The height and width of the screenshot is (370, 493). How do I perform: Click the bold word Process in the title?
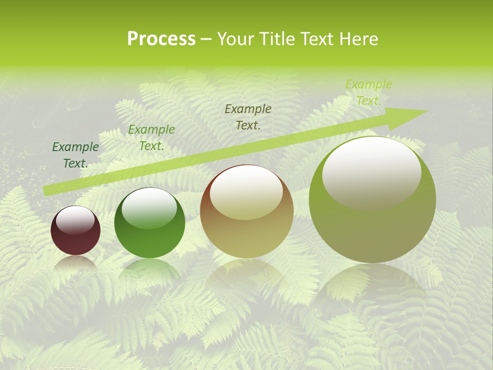coord(161,39)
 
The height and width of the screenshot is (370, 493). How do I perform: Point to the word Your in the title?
coord(236,39)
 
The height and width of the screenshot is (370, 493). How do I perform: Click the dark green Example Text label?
coord(75,155)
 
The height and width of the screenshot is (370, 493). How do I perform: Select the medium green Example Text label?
coord(151,137)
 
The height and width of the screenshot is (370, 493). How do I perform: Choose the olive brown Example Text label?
coord(248,117)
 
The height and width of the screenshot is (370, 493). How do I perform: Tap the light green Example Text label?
coord(369,92)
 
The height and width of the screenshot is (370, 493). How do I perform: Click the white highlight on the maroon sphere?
coord(75,220)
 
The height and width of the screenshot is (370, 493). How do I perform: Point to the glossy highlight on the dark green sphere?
coord(149,208)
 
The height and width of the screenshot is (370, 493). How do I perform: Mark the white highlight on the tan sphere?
coord(246,193)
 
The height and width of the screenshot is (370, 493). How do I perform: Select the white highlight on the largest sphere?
coord(372,172)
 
